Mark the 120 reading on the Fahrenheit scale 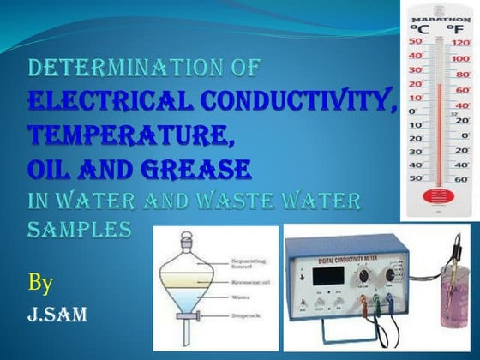[462, 42]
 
